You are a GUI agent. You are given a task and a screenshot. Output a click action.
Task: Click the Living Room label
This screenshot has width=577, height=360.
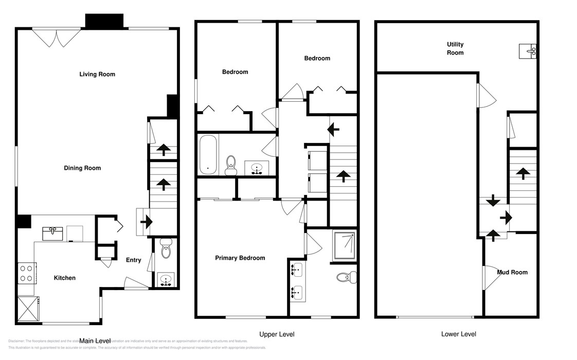click(97, 75)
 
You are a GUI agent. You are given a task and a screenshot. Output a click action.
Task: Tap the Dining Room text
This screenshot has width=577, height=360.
click(82, 168)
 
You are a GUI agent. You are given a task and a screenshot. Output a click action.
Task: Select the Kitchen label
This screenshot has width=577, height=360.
click(65, 278)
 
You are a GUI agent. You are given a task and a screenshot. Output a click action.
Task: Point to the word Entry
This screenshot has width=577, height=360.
click(134, 260)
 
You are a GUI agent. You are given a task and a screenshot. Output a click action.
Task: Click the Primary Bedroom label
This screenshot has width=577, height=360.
click(240, 258)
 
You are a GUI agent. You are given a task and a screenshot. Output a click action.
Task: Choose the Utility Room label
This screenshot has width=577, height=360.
click(455, 49)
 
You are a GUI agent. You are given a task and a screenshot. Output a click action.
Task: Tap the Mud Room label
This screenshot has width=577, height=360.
click(512, 272)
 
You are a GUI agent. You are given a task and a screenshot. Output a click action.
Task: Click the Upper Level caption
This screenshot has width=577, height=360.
click(277, 334)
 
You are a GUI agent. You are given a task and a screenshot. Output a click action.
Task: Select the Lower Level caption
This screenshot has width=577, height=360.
click(459, 334)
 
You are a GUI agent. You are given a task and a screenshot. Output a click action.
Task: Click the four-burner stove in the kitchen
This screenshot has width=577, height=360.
click(27, 274)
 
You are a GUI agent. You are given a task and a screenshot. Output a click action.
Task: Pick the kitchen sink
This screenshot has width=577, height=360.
click(53, 233)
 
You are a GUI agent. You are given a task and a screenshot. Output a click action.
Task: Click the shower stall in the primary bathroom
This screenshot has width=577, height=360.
click(345, 244)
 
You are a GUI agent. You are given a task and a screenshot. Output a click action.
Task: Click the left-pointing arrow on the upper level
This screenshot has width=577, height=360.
click(334, 129)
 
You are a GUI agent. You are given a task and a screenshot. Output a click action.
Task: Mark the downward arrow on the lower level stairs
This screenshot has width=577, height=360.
click(492, 200)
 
